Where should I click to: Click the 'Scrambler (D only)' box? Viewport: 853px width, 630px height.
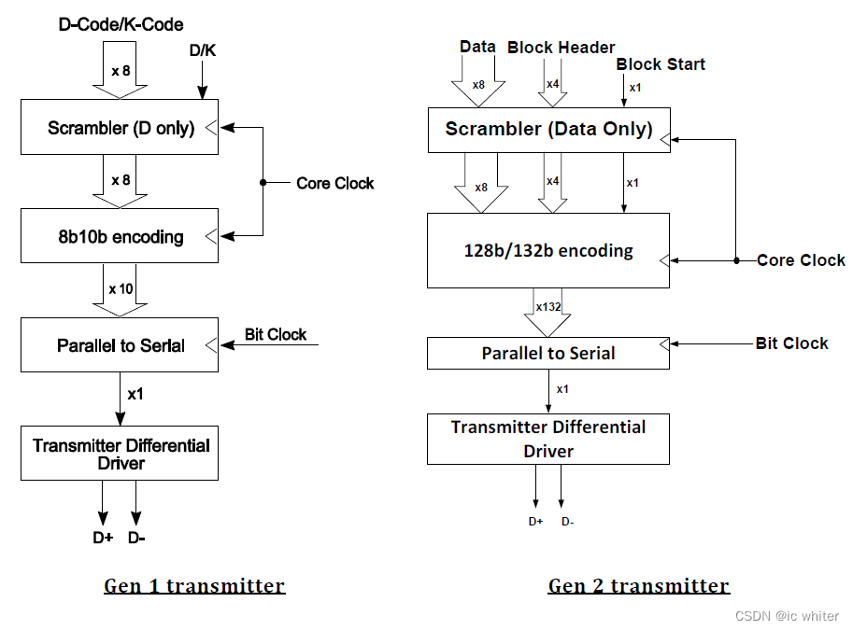tap(120, 127)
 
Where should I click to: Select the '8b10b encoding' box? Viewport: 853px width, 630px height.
tap(120, 236)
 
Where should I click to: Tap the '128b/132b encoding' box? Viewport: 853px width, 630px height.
tap(548, 250)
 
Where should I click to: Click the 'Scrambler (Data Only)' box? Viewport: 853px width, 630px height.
tap(548, 129)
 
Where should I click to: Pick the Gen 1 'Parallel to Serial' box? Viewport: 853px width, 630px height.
tap(120, 345)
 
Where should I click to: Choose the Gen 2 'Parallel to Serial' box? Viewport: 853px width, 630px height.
tap(548, 353)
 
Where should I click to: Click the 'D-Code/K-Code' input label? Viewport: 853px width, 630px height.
tap(121, 24)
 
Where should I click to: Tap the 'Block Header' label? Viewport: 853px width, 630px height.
tap(561, 47)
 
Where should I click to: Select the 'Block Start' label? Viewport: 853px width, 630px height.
tap(661, 64)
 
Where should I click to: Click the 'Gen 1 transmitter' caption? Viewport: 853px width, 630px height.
tap(194, 586)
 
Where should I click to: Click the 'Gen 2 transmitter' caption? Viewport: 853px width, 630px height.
tap(638, 586)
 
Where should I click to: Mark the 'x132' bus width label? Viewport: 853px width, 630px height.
tap(548, 306)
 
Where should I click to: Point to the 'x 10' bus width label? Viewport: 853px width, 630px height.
tap(121, 288)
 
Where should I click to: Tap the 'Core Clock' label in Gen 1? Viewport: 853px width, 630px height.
tap(334, 183)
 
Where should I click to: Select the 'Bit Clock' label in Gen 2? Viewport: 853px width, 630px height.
tap(791, 343)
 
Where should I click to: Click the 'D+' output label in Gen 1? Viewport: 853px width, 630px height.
tap(102, 538)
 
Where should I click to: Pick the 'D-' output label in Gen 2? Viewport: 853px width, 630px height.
tap(567, 522)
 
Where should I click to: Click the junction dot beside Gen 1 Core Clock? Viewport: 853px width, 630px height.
tap(263, 182)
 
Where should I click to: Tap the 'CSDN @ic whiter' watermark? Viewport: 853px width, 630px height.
tap(787, 616)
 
